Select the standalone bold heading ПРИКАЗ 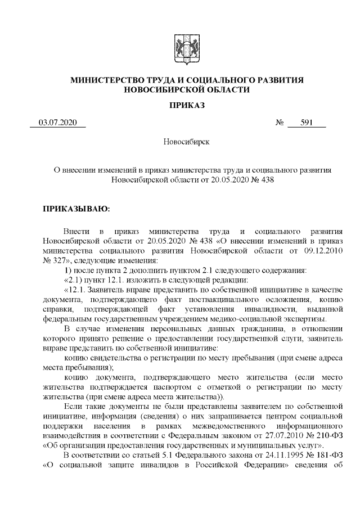pyautogui.click(x=179, y=106)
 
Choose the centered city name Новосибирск pyautogui.click(x=179, y=142)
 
